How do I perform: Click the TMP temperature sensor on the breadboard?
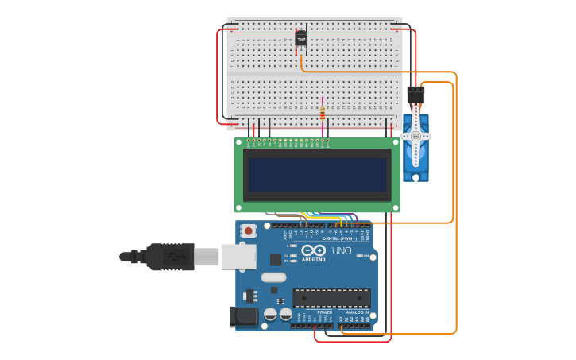pyautogui.click(x=301, y=37)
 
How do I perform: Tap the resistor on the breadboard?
pyautogui.click(x=322, y=113)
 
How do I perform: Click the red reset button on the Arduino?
pyautogui.click(x=249, y=231)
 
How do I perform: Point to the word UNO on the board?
pyautogui.click(x=341, y=250)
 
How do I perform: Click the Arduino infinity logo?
pyautogui.click(x=313, y=250)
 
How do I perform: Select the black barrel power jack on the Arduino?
pyautogui.click(x=244, y=317)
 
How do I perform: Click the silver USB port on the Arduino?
pyautogui.click(x=238, y=256)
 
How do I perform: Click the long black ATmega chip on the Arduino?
pyautogui.click(x=331, y=298)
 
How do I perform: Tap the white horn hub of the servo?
pyautogui.click(x=416, y=136)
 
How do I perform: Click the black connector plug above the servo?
pyautogui.click(x=416, y=95)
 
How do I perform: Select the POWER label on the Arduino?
pyautogui.click(x=324, y=312)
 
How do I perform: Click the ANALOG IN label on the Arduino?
pyautogui.click(x=355, y=312)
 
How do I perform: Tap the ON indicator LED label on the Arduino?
pyautogui.click(x=363, y=257)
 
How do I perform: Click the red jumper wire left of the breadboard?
pyautogui.click(x=218, y=75)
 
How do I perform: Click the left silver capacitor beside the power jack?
pyautogui.click(x=270, y=314)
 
